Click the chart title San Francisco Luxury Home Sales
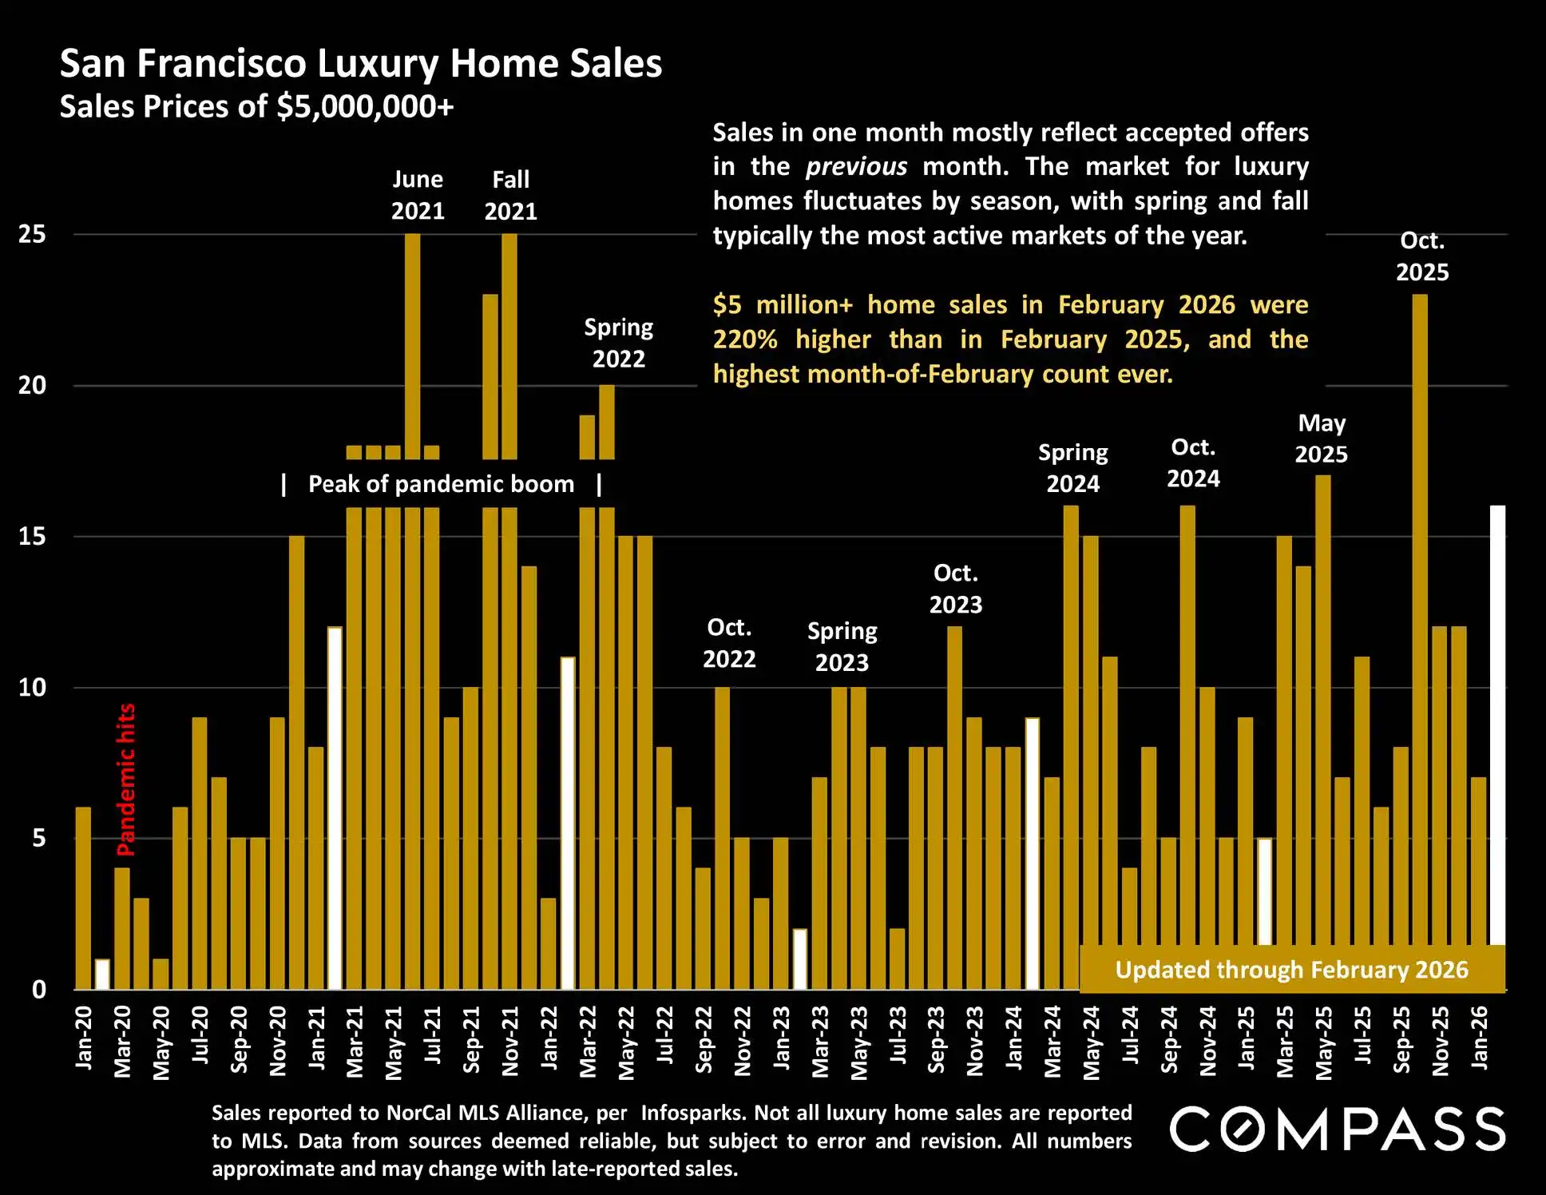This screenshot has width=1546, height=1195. [x=361, y=64]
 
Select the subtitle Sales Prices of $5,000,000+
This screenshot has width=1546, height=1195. [x=256, y=107]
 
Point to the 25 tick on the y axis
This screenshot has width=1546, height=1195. [x=33, y=235]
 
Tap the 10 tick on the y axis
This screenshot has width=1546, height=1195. [x=33, y=688]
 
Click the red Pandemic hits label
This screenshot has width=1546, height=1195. [x=126, y=780]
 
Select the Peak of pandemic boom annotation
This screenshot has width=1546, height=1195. [x=441, y=484]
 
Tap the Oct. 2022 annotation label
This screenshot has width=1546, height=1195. [x=729, y=643]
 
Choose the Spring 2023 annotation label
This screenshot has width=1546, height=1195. [x=842, y=646]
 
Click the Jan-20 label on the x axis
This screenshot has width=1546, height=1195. [x=84, y=1038]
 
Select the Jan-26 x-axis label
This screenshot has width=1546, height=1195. [x=1480, y=1038]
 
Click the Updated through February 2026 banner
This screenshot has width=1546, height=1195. [x=1291, y=970]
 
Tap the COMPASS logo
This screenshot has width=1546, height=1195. [x=1338, y=1129]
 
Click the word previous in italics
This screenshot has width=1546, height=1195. [x=856, y=167]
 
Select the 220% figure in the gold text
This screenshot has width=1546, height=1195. [x=745, y=339]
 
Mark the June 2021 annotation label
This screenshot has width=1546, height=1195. [x=418, y=195]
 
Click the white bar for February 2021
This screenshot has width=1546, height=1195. [x=335, y=807]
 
